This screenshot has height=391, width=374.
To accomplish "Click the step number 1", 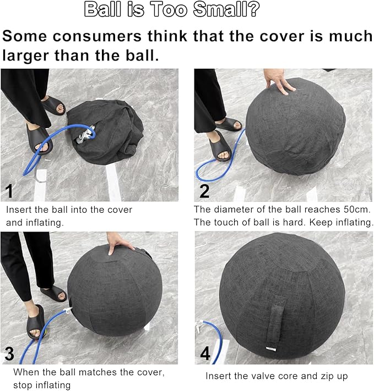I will coord(9,191).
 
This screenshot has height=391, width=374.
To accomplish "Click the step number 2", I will coord(204,191).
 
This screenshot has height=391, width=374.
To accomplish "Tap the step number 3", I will coord(10,352).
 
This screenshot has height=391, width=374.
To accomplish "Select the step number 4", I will coord(205,353).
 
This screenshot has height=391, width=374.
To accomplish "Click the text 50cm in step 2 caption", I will coord(359,210).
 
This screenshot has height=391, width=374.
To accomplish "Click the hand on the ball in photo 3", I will coord(120,243).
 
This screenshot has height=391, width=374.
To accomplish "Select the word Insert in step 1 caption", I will coord(19,210).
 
